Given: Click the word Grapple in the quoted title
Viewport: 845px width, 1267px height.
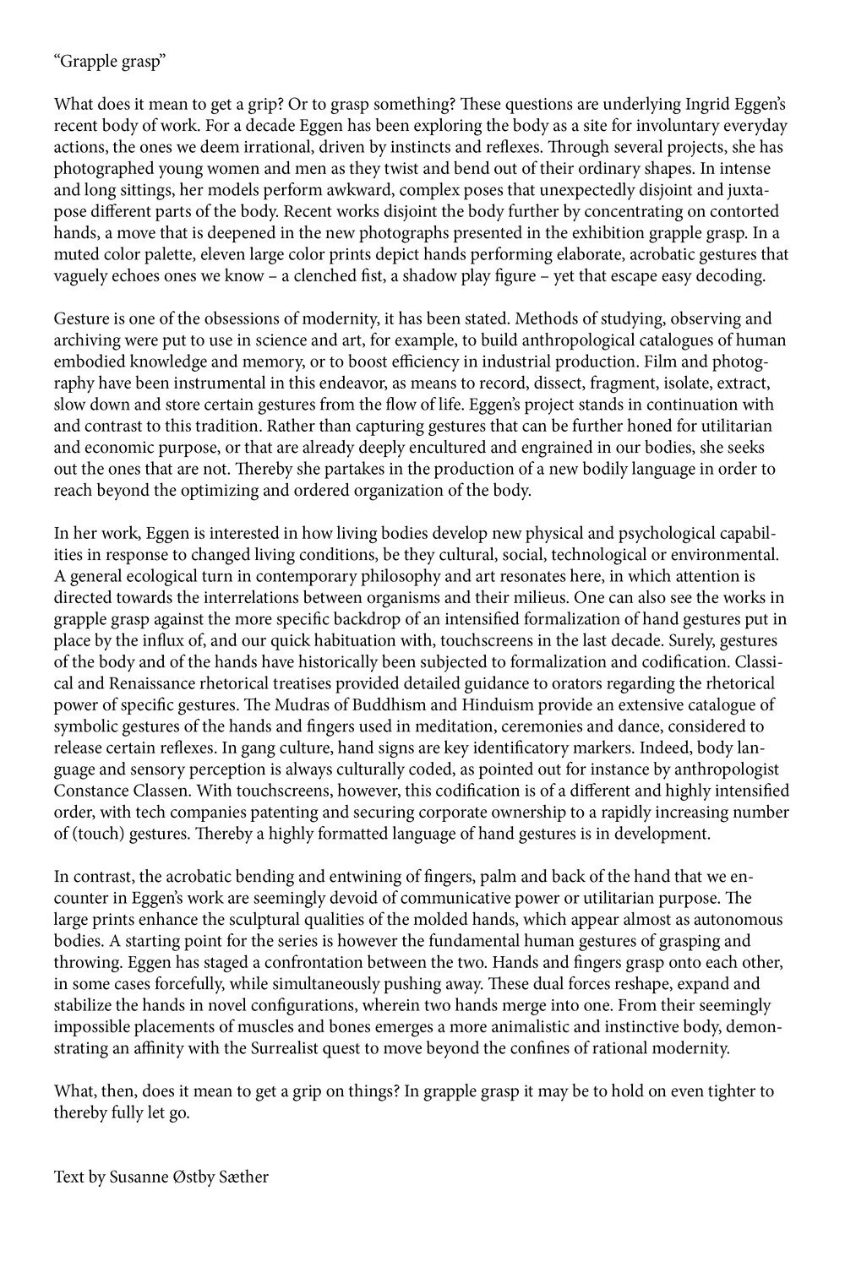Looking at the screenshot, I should [87, 61].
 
